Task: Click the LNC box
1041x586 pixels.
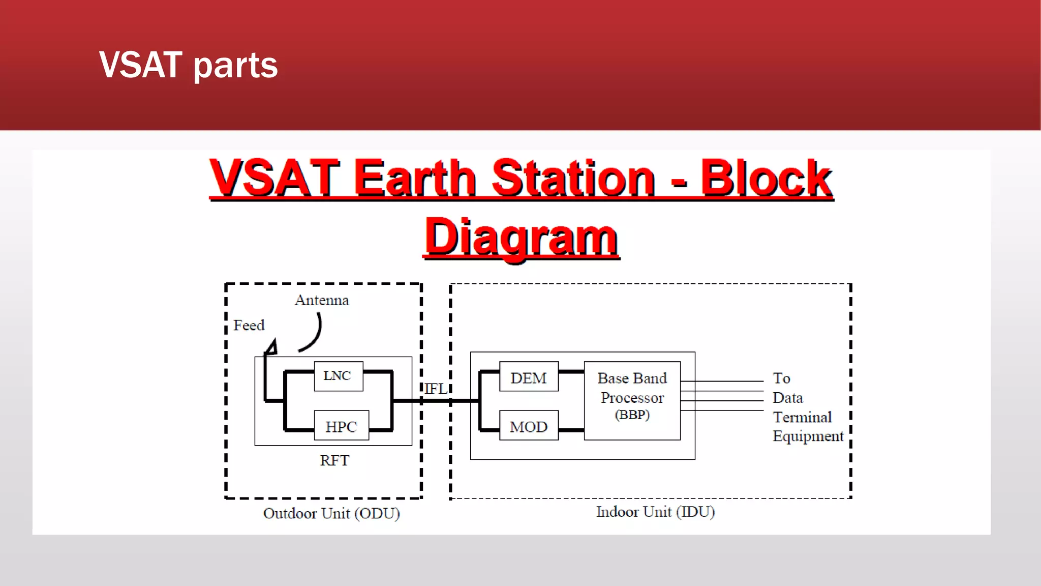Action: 338,376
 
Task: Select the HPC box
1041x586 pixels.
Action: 341,426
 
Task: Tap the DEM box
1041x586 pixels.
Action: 529,377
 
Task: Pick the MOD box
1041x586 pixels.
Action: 529,426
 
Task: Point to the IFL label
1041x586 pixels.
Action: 436,389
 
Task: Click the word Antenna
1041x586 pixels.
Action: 322,300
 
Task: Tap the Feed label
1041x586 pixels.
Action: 249,325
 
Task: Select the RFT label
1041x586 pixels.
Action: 334,460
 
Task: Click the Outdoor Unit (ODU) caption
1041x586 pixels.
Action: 331,513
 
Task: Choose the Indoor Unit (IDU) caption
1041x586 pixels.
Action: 655,512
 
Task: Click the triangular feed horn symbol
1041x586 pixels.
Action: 272,347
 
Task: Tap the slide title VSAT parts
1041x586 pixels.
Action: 189,65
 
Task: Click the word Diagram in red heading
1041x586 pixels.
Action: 521,237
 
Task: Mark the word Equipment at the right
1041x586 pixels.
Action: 808,436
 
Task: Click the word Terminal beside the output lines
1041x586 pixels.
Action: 802,417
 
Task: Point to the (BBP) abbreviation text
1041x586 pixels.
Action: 632,415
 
